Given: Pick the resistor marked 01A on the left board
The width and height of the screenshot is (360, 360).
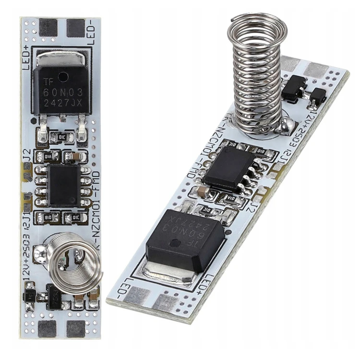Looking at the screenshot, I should pyautogui.click(x=48, y=156).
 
